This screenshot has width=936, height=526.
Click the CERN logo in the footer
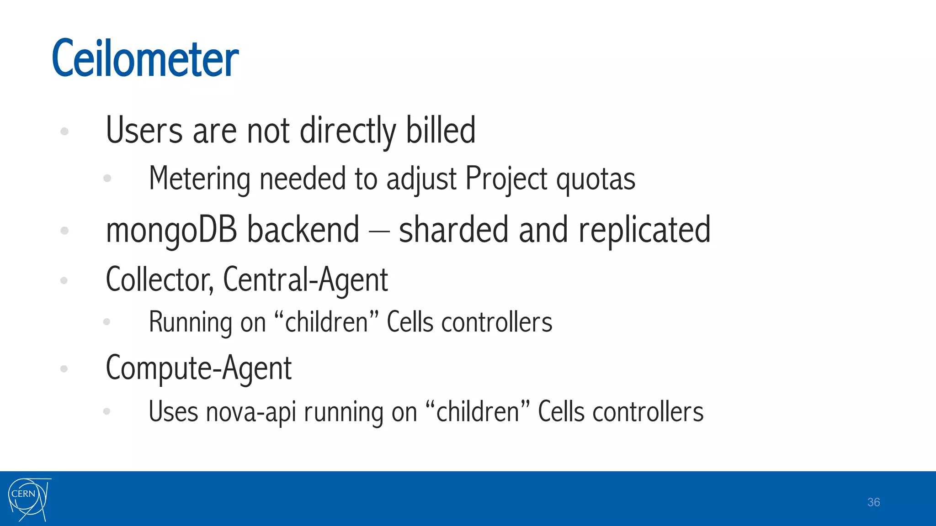[x=29, y=500]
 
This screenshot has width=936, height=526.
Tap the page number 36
[x=873, y=502]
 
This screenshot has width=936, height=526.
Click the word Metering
[x=199, y=179]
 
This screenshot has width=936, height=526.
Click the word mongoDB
[x=171, y=230]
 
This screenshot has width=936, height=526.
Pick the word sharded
[x=453, y=230]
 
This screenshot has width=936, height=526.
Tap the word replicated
[x=644, y=230]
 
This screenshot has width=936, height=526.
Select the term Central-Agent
[x=305, y=279]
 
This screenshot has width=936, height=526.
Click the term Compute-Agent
[x=198, y=368]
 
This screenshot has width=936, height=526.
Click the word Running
[x=190, y=322]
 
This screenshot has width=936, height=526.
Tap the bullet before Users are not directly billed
[x=64, y=131]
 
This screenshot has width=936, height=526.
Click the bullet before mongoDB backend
[x=64, y=231]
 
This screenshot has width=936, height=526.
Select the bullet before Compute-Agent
[x=64, y=368]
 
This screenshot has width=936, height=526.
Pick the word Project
[x=506, y=179]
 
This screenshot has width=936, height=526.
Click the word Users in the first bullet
[x=144, y=131]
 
